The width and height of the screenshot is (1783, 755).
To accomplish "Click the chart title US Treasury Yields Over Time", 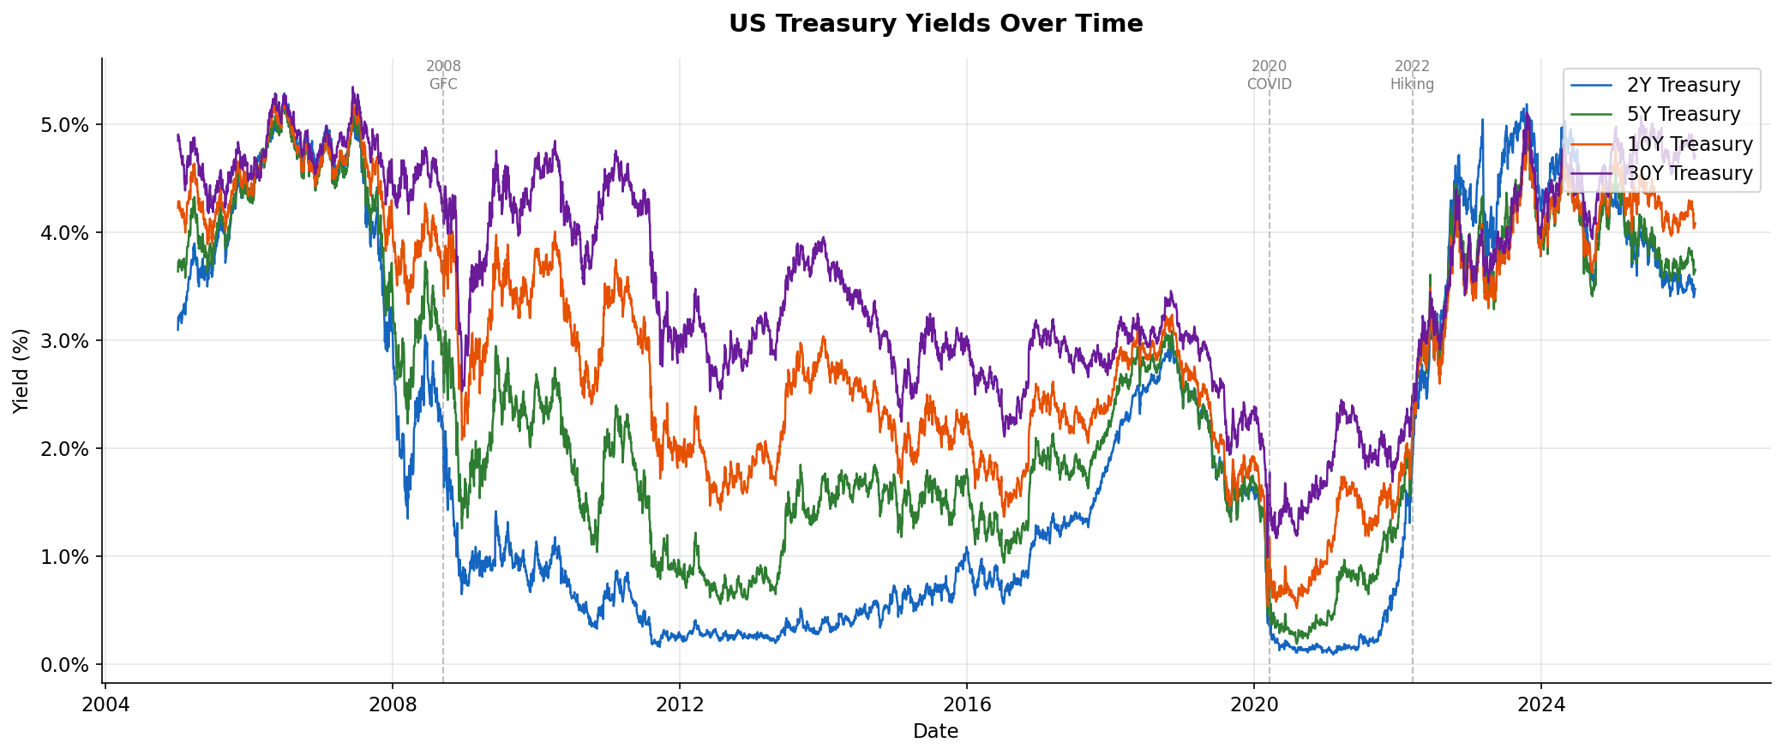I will pyautogui.click(x=935, y=24).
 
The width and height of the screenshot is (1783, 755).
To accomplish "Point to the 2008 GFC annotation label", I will pyautogui.click(x=443, y=75).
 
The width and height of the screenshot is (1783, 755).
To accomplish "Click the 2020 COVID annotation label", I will pyautogui.click(x=1269, y=75).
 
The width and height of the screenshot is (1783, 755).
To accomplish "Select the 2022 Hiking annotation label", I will pyautogui.click(x=1412, y=75).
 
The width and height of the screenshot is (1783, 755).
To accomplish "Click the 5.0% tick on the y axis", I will pyautogui.click(x=65, y=125).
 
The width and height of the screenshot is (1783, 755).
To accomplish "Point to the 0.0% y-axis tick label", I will pyautogui.click(x=65, y=665).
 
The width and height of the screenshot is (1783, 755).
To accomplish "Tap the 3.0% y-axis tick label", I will pyautogui.click(x=65, y=341).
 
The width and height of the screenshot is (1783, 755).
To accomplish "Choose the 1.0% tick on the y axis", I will pyautogui.click(x=65, y=557).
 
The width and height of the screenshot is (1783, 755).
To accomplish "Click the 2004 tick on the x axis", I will pyautogui.click(x=105, y=705).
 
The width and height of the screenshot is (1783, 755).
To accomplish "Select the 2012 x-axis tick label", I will pyautogui.click(x=679, y=705).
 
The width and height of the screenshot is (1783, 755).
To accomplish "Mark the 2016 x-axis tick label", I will pyautogui.click(x=966, y=705).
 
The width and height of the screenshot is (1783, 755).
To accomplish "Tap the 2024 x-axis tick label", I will pyautogui.click(x=1540, y=705).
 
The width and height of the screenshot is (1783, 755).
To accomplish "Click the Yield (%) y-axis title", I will pyautogui.click(x=21, y=370).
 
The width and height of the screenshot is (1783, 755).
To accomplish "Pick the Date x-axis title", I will pyautogui.click(x=935, y=732).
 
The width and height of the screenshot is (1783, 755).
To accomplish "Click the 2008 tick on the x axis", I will pyautogui.click(x=393, y=705).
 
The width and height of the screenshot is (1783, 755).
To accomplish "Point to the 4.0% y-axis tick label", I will pyautogui.click(x=65, y=233).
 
